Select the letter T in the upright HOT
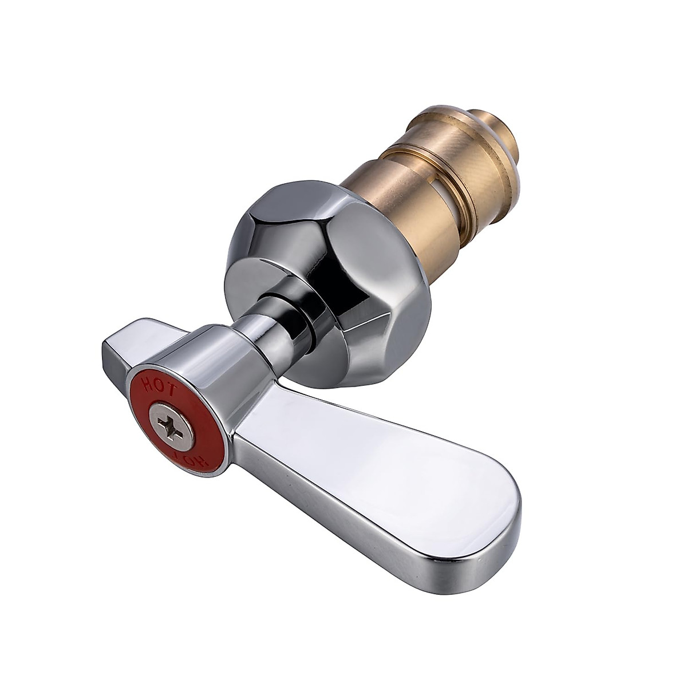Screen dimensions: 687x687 click(174, 389)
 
